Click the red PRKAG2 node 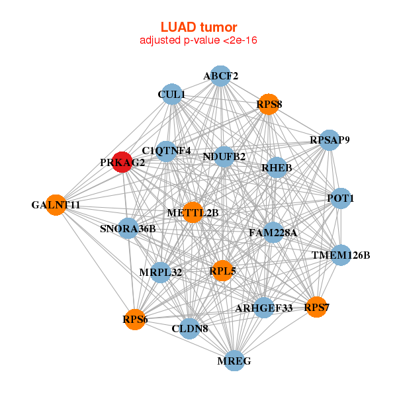coord(122,162)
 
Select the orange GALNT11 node coord(56,205)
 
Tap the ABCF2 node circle coord(220,76)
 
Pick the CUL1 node coord(171,95)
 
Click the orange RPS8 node coord(269,104)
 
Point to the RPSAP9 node coord(330,140)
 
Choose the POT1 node coord(341,198)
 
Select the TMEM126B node coord(341,255)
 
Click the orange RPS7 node coord(316,307)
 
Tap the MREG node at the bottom coord(234,361)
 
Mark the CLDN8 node coord(190,328)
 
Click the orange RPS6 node coord(135,320)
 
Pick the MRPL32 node coord(161,272)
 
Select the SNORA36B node coord(128,229)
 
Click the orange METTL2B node coord(193,212)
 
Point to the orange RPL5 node coord(222,270)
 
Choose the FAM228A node coord(273,233)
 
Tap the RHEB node coord(277,167)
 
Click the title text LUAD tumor coord(198,27)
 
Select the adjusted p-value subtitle coord(198,41)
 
